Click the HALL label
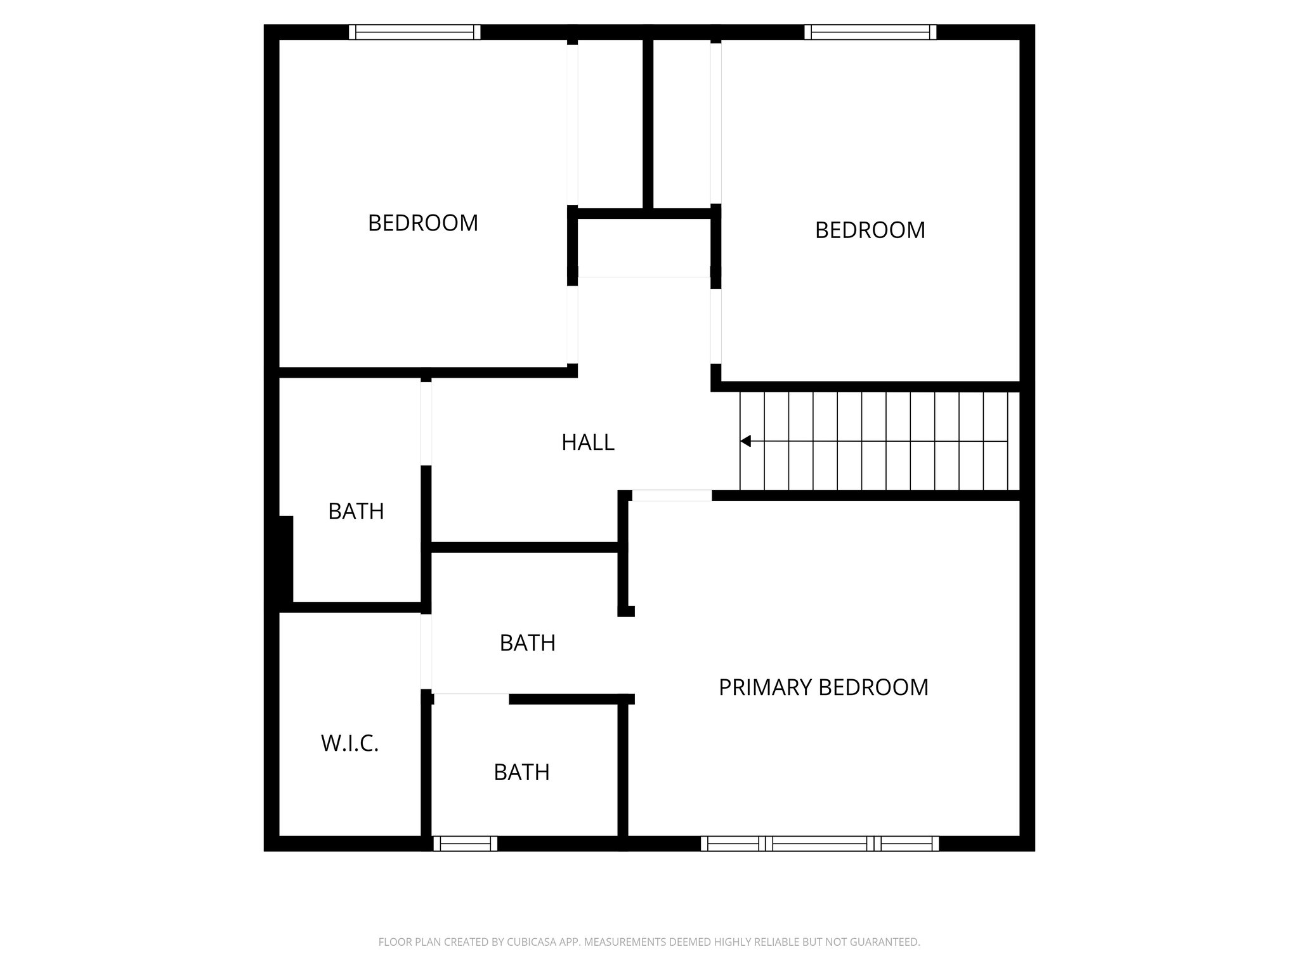coord(587,442)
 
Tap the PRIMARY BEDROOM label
coord(823,687)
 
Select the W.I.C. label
coord(349,743)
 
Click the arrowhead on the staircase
coord(746,441)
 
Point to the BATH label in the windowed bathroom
coord(521,772)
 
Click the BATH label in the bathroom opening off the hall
coord(356,511)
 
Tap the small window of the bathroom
coord(465,843)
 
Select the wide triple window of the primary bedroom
coord(819,843)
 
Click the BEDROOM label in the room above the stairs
coord(870,230)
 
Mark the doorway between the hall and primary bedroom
coord(672,496)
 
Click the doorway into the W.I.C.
coord(426,652)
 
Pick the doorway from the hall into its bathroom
coord(426,423)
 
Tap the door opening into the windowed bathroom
coord(471,698)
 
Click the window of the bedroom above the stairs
coord(870,32)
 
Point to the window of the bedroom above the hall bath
coord(414,32)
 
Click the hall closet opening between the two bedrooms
coord(644,277)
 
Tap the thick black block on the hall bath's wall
coord(285,559)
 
